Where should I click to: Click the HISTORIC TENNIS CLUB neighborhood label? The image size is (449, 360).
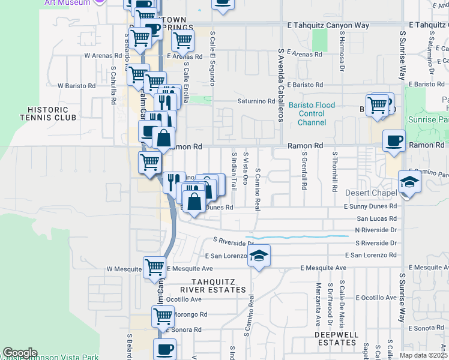[52, 113]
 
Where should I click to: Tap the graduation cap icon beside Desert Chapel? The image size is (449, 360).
[409, 182]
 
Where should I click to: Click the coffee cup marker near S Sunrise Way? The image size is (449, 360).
[394, 141]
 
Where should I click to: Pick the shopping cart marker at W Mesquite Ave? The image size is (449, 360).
[154, 266]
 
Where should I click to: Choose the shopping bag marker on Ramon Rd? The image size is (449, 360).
[163, 138]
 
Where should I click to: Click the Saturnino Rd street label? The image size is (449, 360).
[256, 101]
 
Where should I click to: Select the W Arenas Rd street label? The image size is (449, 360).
[103, 55]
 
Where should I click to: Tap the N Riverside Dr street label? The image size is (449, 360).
[376, 230]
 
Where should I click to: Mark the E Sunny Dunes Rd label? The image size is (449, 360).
[370, 207]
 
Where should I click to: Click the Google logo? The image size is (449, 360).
[20, 353]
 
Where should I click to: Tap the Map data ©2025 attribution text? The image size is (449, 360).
[423, 355]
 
